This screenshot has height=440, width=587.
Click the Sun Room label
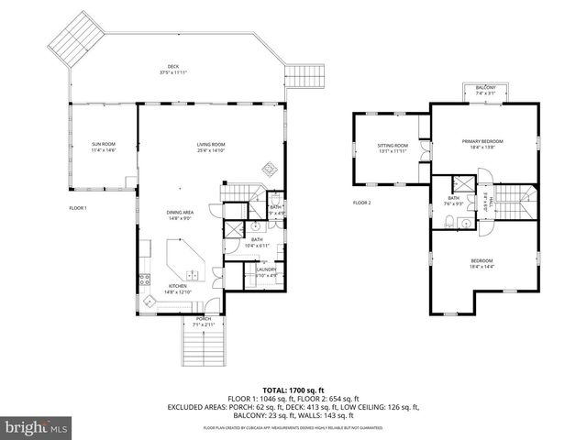tap(103, 147)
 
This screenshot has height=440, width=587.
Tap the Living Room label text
tap(210, 147)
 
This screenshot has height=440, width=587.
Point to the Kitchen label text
tap(177, 288)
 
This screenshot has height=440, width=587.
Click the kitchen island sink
tap(191, 274)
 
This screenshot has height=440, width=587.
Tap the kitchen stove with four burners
tap(144, 279)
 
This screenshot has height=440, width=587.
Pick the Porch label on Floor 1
tap(203, 321)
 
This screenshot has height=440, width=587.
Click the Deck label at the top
tap(172, 69)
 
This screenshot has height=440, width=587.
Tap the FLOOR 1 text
tap(78, 208)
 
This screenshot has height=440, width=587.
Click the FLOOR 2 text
tap(362, 202)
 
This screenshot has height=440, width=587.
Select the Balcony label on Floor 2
tap(485, 91)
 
